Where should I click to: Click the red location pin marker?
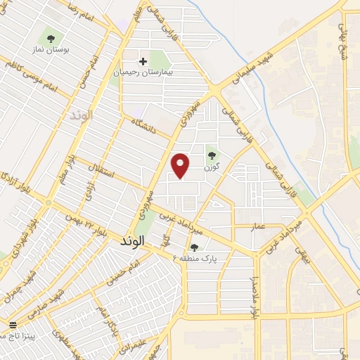[181, 165]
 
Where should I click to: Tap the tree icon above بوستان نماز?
[50, 38]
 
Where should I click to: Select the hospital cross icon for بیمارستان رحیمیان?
[143, 62]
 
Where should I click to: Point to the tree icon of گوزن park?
[212, 156]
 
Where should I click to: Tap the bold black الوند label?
[127, 240]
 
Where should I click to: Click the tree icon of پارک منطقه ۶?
[194, 247]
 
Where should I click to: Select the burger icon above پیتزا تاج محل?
[12, 324]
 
